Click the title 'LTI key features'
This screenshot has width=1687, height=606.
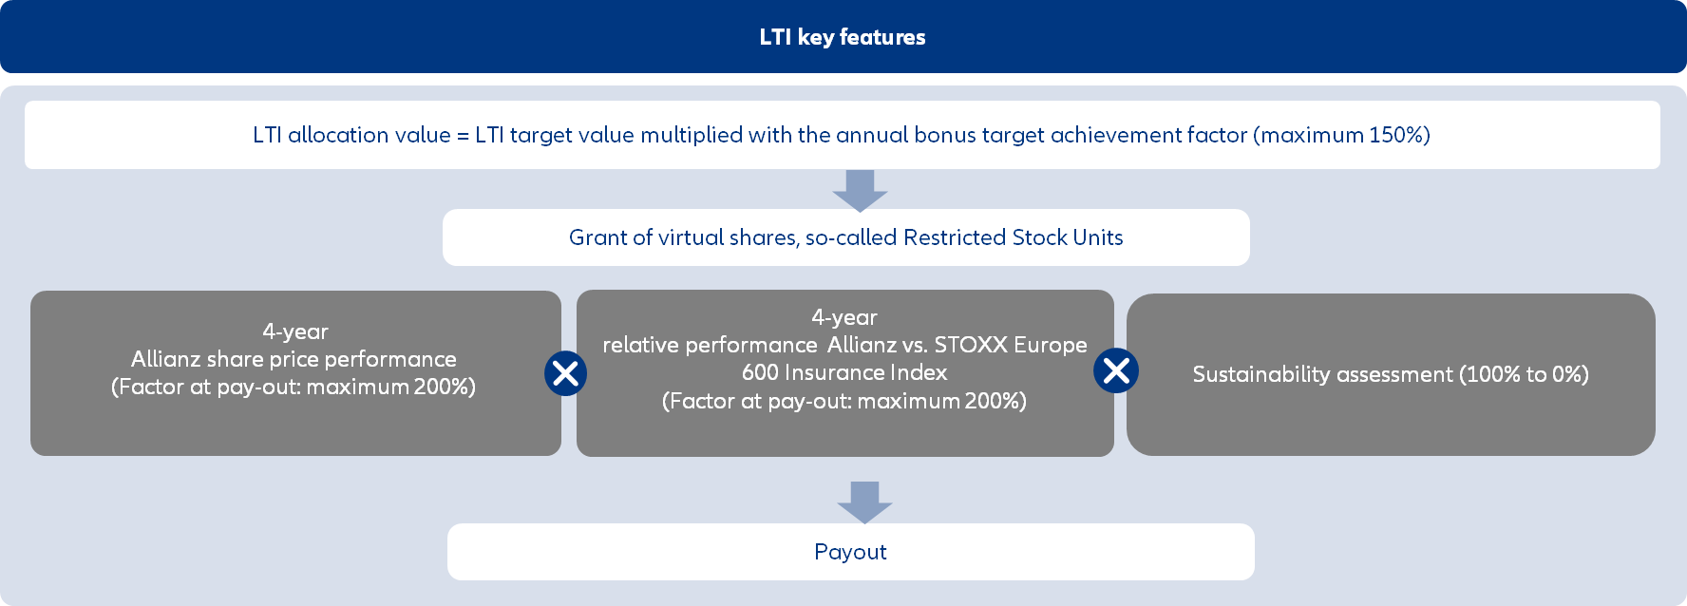843,37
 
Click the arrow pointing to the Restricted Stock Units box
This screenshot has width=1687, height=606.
860,191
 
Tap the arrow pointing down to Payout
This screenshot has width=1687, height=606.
864,502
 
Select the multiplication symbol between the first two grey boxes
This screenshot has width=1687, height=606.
565,373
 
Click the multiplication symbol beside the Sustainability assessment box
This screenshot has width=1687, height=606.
1116,370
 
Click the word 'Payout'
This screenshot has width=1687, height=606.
850,552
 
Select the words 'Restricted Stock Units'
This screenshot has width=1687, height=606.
1014,237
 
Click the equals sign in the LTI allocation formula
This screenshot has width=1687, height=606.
464,136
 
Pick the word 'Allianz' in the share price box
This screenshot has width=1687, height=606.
164,359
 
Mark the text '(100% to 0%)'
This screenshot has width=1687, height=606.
1524,374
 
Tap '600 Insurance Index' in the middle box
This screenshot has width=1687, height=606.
844,372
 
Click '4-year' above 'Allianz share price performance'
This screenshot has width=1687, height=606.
295,331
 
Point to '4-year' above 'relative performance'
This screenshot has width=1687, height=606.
844,317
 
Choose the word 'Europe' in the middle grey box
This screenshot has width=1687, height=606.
1055,345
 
